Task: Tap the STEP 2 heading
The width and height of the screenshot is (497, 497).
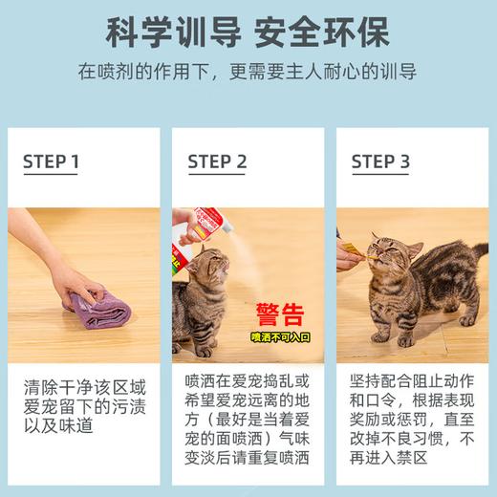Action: pyautogui.click(x=217, y=162)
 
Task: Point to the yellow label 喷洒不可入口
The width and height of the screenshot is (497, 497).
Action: pyautogui.click(x=278, y=336)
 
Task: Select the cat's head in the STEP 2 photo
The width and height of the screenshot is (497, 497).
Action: pyautogui.click(x=214, y=270)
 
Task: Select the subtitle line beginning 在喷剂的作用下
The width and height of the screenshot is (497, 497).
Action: pyautogui.click(x=248, y=74)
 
